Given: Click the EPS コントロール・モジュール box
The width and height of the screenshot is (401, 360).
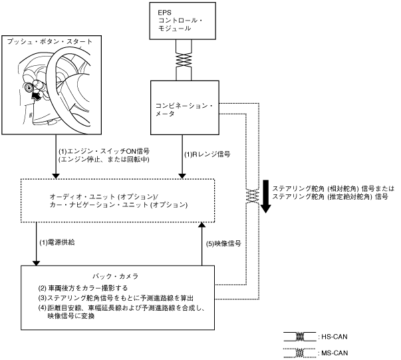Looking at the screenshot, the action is coord(183,21).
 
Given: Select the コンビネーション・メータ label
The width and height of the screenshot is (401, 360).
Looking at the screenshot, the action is coord(184,110).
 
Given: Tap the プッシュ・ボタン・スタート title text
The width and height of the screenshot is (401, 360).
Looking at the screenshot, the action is coord(50,41).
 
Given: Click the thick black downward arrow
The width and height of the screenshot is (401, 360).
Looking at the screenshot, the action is coord(266,196).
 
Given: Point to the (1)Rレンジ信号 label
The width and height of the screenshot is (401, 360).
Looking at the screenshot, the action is coord(207,154).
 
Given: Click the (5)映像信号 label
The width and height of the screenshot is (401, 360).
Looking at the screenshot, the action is coord(223,244).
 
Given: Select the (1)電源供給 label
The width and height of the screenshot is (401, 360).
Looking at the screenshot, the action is coord(57,242).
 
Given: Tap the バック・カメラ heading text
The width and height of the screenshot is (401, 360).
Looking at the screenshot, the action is coord(115,276).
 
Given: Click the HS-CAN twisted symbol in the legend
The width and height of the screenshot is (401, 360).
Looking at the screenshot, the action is coord(300,337).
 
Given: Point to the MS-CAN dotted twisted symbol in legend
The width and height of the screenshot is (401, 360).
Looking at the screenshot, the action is coord(300,353).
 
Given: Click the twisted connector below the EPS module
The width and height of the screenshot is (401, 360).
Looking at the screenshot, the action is coord(184,60).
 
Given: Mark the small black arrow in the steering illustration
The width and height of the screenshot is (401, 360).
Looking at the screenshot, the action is coord(36,96).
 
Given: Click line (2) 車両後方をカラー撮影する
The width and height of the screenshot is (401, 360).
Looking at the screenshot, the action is coord(83,288).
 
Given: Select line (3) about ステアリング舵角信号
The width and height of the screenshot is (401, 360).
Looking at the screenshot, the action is coord(116,298).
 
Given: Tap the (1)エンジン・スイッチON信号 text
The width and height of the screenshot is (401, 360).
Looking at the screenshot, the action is coord(104,152).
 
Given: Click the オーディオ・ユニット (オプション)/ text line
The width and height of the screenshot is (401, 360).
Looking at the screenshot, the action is coord(104,197).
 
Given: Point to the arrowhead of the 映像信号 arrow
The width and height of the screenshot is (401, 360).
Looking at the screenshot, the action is coord(202,225).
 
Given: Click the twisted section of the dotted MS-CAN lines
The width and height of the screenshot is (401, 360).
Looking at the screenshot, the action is coord(253,196).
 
